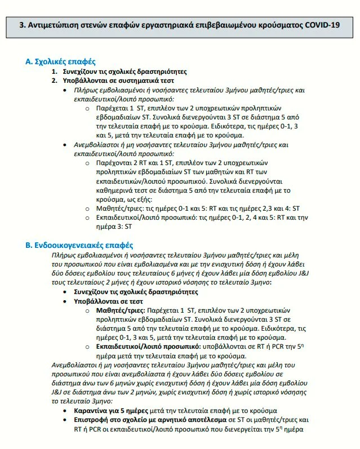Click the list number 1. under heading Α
click(55, 72)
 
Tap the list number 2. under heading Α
click(55, 81)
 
